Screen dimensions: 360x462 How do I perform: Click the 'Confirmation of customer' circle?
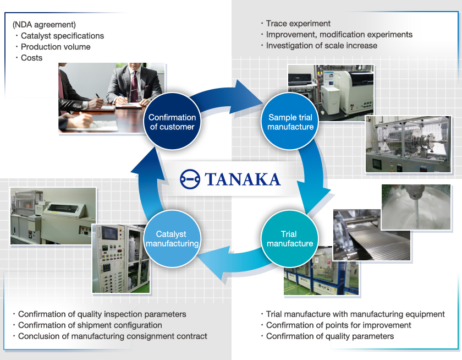(172, 122)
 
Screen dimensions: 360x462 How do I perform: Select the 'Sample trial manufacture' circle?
(290, 122)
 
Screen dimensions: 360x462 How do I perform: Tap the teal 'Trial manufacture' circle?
(289, 239)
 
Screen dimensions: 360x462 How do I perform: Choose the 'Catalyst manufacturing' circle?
(171, 239)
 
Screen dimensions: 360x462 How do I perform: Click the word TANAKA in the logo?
(243, 179)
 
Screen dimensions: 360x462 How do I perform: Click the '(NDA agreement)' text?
(44, 25)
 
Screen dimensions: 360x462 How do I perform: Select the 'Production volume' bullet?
(56, 47)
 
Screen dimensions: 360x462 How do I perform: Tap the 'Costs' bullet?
(31, 58)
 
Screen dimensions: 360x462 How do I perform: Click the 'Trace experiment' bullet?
(298, 24)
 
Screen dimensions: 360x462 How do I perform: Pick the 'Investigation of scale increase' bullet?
(321, 46)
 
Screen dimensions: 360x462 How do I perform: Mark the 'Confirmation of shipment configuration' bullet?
(90, 325)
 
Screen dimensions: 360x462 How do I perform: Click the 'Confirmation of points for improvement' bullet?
(338, 325)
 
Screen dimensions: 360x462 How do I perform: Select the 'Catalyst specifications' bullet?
(62, 36)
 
